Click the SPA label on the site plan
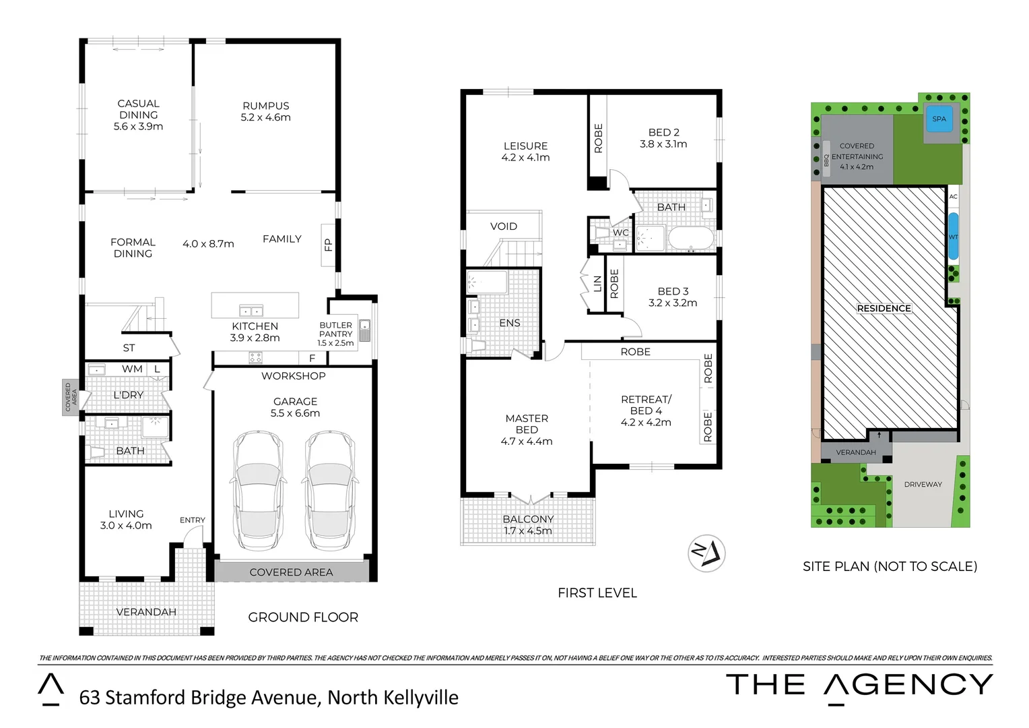(939, 119)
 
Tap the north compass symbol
(706, 553)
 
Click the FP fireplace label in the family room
(328, 244)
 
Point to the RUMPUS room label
(265, 106)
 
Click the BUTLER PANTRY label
(335, 330)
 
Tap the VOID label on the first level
(503, 226)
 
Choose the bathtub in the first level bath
(690, 239)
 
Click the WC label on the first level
(620, 233)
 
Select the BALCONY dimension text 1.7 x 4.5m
(527, 531)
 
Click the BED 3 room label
(673, 291)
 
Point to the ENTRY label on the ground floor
(192, 520)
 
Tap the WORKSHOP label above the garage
(293, 376)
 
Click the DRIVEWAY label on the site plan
(923, 484)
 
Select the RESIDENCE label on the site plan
(884, 308)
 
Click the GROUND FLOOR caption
(303, 617)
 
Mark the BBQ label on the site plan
(826, 160)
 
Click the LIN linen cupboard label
(597, 284)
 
